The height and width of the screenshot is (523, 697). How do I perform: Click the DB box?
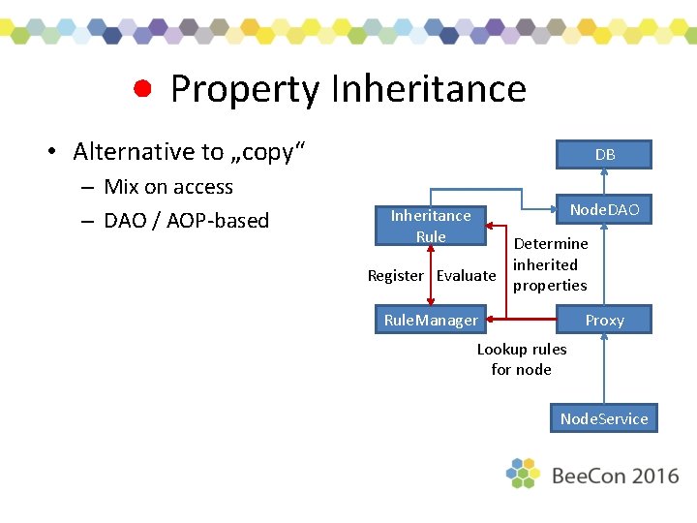coord(604,154)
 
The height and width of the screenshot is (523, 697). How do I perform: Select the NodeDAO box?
coord(604,209)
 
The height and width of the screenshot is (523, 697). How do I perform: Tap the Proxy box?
coord(604,320)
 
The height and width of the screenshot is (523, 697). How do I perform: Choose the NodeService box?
coord(604,418)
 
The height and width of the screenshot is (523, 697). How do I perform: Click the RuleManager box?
coord(431,320)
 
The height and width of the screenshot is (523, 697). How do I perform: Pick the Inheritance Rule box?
coord(431,226)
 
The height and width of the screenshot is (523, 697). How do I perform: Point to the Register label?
coord(395,275)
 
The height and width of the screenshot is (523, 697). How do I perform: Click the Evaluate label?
coord(466,275)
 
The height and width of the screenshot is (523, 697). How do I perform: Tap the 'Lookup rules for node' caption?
coord(522,359)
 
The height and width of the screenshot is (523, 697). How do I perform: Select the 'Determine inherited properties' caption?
coord(550,264)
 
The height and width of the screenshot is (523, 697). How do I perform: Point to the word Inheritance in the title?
coord(428,89)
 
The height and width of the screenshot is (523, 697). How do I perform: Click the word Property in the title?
coord(244,89)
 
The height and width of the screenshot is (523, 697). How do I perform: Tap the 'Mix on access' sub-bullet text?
coord(168,187)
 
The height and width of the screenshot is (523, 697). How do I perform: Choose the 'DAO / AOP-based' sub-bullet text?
coord(186,221)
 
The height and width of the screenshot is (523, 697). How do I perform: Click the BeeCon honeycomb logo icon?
coord(523,473)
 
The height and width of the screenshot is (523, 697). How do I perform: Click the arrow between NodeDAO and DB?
coord(604,181)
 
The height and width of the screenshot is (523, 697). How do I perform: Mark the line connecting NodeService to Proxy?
coord(604,368)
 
